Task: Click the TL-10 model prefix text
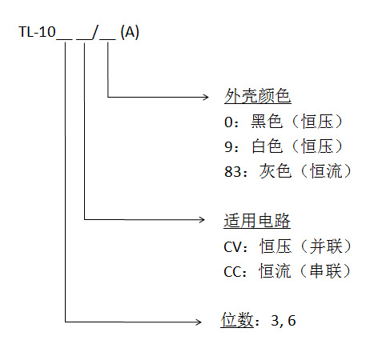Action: click(37, 34)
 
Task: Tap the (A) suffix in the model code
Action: click(129, 34)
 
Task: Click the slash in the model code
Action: click(97, 34)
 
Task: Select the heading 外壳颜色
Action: click(257, 97)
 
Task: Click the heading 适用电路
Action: click(257, 221)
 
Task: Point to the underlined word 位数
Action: click(236, 322)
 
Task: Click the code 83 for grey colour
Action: click(233, 171)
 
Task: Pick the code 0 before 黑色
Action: click(229, 122)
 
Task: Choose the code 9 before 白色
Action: click(229, 146)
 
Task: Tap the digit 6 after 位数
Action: click(293, 322)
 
